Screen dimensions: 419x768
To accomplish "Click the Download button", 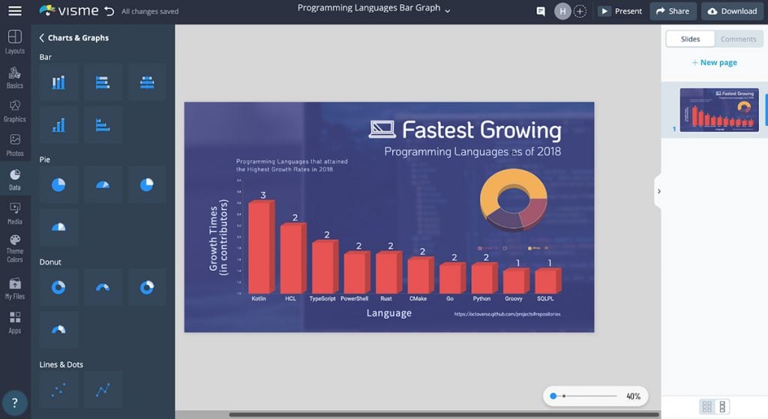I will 732,11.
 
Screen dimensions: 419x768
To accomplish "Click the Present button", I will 620,11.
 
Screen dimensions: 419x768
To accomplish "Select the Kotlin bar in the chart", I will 259,247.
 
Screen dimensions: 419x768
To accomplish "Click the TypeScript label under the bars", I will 322,298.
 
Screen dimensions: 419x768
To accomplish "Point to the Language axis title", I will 388,313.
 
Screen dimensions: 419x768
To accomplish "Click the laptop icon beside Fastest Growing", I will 382,130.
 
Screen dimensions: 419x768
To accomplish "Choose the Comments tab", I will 738,39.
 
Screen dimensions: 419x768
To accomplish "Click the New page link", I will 714,62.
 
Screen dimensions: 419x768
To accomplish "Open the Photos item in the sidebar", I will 15,145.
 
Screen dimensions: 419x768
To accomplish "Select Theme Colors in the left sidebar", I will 15,249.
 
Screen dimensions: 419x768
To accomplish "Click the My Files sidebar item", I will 15,289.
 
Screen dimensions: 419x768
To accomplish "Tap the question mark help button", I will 14,403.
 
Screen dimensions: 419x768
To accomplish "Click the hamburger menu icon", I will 14,11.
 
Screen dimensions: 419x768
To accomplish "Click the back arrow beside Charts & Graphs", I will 42,37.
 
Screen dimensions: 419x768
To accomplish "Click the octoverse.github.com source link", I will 507,314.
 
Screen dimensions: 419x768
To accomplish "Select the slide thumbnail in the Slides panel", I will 718,110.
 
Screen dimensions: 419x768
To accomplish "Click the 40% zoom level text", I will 633,396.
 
